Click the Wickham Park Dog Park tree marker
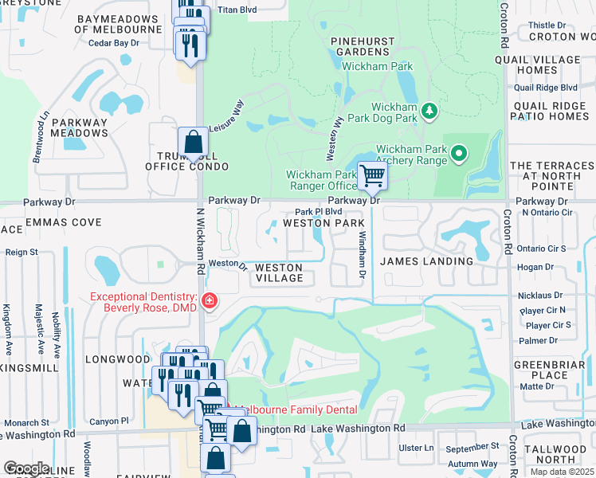coord(429,110)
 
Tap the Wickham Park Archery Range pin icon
coord(458,153)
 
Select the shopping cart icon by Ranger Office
coord(372,176)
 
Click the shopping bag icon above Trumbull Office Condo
coord(193,143)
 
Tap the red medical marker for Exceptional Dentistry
coord(209,301)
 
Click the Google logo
coord(26,468)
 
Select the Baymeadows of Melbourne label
coord(118,24)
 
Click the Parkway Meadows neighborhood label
coord(79,127)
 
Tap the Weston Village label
coord(279,272)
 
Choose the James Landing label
coord(426,261)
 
